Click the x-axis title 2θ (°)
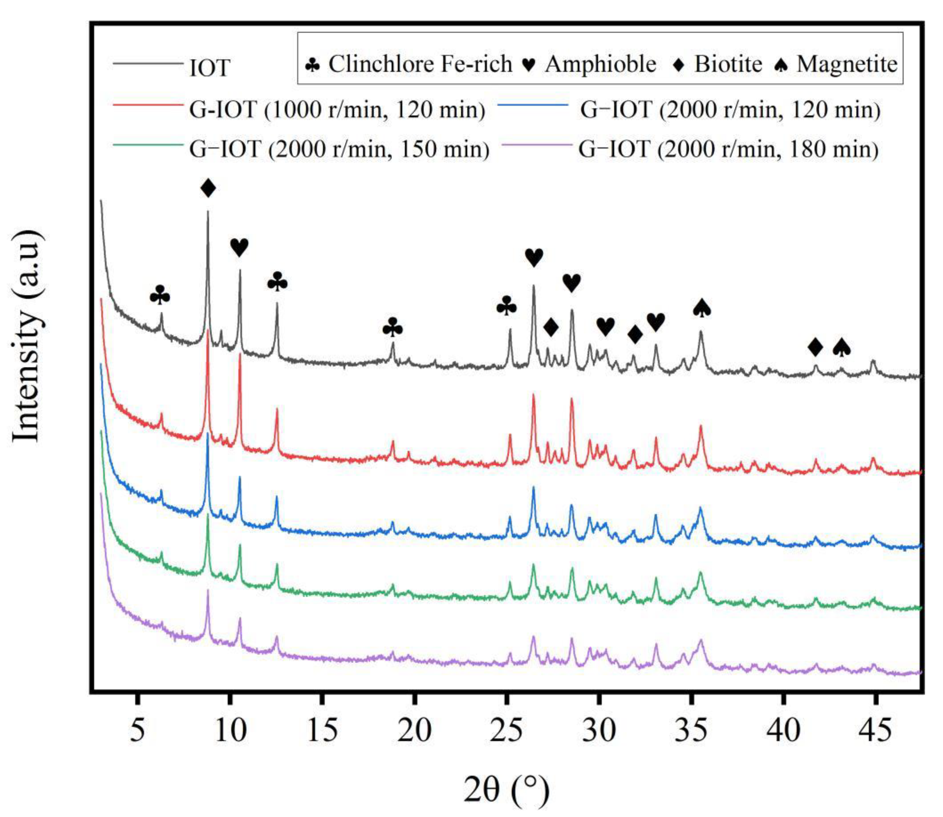pyautogui.click(x=506, y=790)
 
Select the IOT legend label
pyautogui.click(x=210, y=68)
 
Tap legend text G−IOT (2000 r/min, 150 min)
pyautogui.click(x=339, y=149)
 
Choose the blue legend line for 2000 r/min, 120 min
pyautogui.click(x=533, y=105)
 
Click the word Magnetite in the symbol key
pyautogui.click(x=847, y=64)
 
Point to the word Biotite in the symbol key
pyautogui.click(x=728, y=64)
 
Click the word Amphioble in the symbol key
pyautogui.click(x=600, y=64)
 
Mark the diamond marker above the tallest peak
pyautogui.click(x=208, y=188)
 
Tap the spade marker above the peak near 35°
pyautogui.click(x=702, y=309)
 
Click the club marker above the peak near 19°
pyautogui.click(x=393, y=328)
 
